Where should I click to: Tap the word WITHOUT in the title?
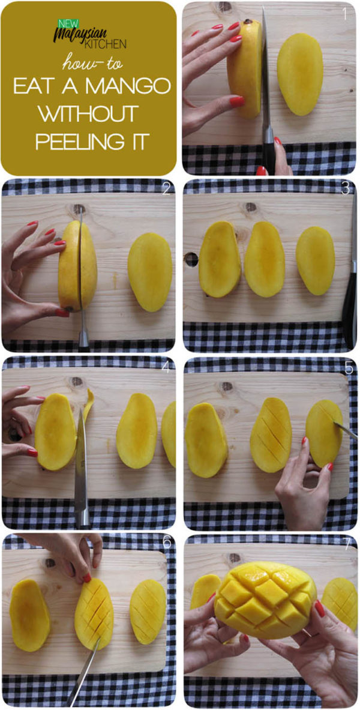[88, 114]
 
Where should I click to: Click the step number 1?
[345, 14]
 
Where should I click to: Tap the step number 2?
[166, 190]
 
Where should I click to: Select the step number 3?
[346, 190]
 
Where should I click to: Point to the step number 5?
[348, 367]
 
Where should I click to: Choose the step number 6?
[167, 544]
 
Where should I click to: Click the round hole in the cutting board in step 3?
[191, 259]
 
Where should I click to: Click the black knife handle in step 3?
[350, 306]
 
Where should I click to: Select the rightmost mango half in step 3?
[316, 261]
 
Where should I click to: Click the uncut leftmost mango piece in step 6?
[29, 615]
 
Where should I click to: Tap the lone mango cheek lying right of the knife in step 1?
[300, 74]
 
